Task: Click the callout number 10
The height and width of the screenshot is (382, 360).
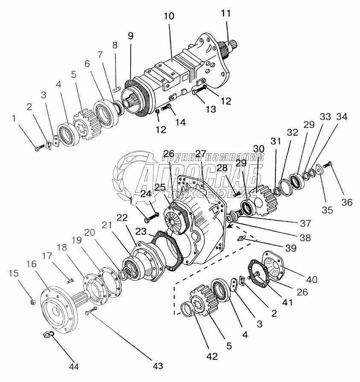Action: (169, 17)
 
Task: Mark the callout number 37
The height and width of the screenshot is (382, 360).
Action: (306, 223)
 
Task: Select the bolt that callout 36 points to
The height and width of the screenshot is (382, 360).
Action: (329, 164)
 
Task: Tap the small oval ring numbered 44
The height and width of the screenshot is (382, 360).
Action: (48, 335)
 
